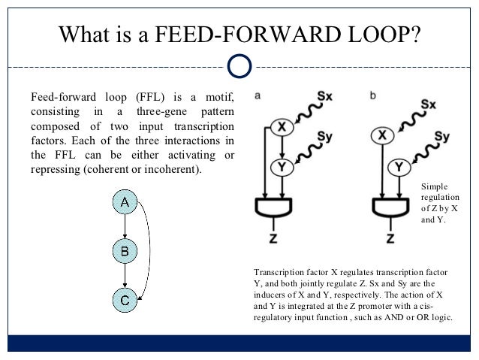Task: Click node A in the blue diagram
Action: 125,202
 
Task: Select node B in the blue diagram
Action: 125,250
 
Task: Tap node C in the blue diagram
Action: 125,300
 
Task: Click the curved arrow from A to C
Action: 158,251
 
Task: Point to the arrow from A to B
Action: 125,226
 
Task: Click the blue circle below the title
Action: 239,66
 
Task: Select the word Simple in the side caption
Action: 434,184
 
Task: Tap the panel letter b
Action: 374,96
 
